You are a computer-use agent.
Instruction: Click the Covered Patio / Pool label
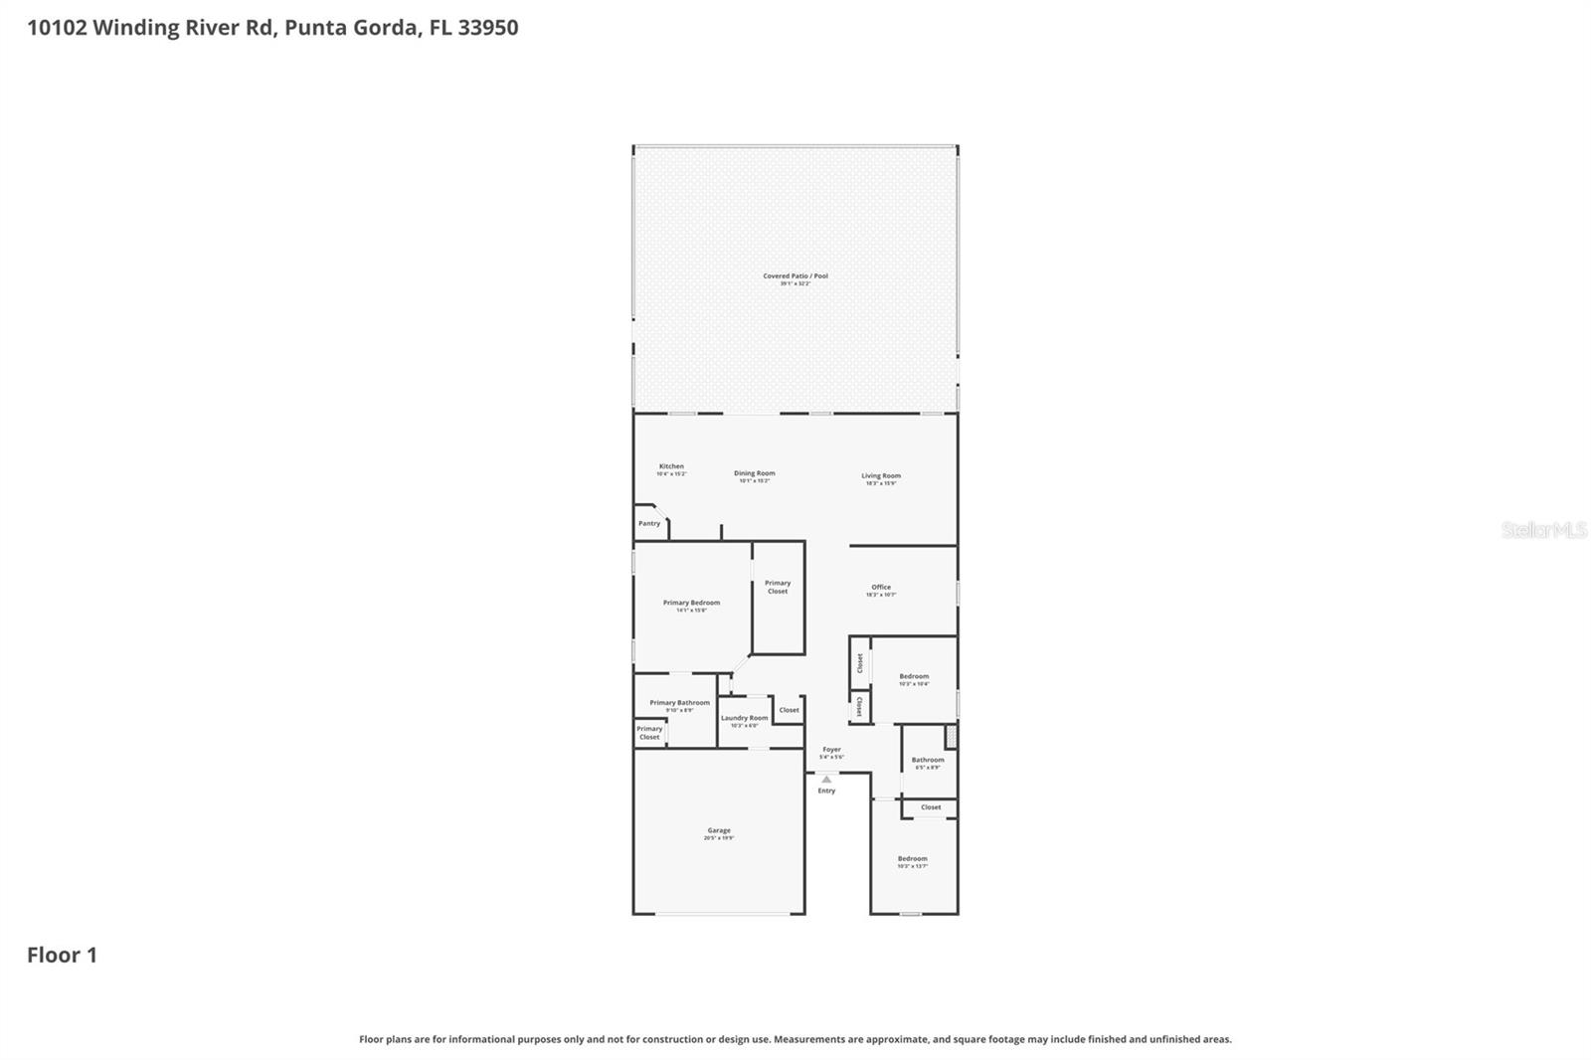coord(795,276)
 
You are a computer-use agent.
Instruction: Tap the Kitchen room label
coord(671,466)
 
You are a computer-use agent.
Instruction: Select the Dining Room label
coord(754,473)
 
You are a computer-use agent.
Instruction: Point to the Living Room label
coord(881,476)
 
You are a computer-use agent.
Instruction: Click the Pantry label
coord(649,523)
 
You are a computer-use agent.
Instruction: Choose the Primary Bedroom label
coord(691,603)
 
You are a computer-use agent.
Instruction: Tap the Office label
coord(881,588)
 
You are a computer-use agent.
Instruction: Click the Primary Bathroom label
coord(679,703)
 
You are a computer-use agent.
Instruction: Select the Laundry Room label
coord(744,718)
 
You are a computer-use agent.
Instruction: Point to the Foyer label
coord(831,750)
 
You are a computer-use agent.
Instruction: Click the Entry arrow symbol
coord(826,780)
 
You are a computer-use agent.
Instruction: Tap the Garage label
coord(719,830)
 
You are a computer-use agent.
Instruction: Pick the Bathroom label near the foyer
coord(928,760)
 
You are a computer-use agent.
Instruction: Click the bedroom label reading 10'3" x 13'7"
coord(912,859)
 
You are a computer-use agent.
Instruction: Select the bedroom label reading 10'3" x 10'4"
coord(914,677)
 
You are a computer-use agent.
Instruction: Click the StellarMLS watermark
coord(1543,530)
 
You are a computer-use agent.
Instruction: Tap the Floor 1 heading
coord(62,955)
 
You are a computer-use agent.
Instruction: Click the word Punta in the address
coord(314,27)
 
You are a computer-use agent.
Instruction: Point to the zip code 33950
coord(487,27)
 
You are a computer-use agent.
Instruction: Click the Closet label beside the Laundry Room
coord(789,710)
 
